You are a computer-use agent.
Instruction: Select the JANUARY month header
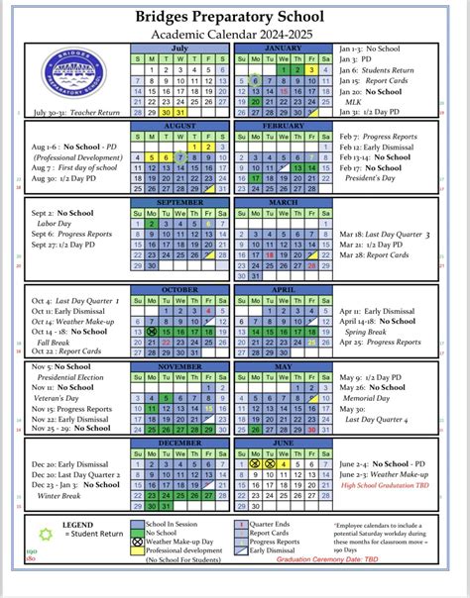pos(284,47)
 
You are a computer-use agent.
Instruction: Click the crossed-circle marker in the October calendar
pos(152,332)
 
